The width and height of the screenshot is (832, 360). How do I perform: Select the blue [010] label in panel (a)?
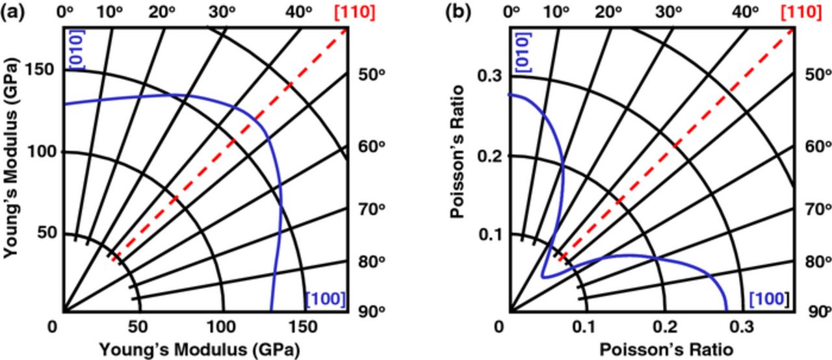click(75, 49)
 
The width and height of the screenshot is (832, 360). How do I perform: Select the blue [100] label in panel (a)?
click(325, 299)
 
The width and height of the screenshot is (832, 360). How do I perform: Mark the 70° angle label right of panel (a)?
click(373, 209)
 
